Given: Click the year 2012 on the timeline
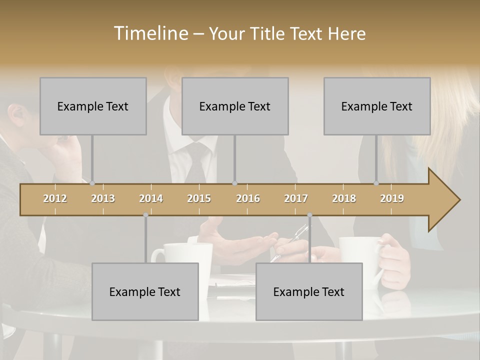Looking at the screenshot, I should (55, 198).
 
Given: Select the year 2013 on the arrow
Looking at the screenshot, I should (103, 198).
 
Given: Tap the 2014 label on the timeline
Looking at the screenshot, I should (151, 198).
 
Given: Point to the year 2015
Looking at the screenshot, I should (199, 198).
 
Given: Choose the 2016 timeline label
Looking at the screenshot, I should (248, 198).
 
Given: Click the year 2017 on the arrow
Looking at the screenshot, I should (296, 198).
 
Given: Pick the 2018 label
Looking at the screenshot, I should (344, 198).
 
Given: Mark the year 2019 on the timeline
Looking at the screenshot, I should (392, 198).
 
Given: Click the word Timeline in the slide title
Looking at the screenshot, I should (150, 33).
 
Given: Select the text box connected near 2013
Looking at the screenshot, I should (93, 106).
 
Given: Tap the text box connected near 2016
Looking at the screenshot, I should (235, 106).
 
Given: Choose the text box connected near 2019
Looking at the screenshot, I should (377, 106).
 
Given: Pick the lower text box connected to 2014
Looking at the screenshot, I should (145, 291).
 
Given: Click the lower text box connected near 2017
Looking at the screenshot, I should (309, 291).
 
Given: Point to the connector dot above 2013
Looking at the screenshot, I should (92, 183).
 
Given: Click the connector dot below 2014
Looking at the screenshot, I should (145, 215).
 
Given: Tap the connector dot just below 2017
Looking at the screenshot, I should (309, 215).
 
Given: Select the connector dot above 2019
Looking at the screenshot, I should (376, 183).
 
